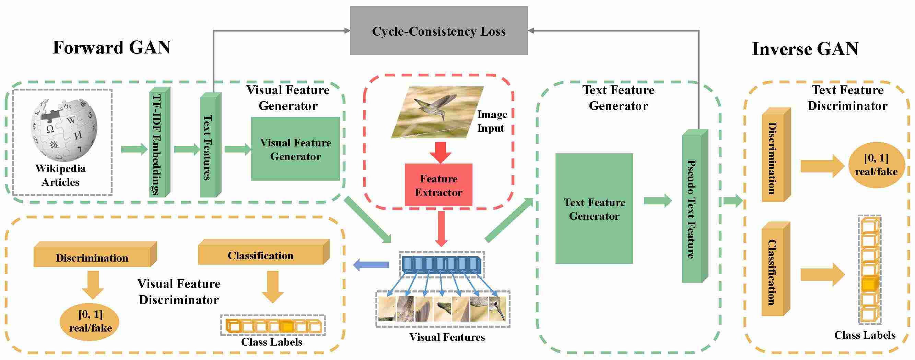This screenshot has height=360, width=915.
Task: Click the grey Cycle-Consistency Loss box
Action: pos(439,31)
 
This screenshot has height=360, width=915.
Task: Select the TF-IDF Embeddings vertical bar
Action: pos(159,142)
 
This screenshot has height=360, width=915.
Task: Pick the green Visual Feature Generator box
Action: pos(295,149)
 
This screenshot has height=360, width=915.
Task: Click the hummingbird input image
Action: pos(437,112)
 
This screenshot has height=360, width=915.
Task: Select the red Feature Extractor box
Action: pos(439,184)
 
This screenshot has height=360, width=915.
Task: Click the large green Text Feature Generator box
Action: pos(594,209)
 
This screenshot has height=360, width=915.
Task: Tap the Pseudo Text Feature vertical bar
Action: pos(695,206)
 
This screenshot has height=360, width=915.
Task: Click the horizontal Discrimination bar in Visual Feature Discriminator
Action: pos(95,254)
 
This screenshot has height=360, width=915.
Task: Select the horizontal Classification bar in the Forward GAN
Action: pos(263,252)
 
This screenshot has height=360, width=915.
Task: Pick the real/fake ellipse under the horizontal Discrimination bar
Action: pos(91,321)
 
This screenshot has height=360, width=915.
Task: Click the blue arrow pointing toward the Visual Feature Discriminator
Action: pos(371,264)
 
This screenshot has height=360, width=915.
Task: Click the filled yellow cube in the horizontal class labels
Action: pos(287,326)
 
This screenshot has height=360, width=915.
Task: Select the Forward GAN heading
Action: pos(112,48)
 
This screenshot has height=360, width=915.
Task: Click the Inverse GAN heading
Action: pos(805,49)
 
